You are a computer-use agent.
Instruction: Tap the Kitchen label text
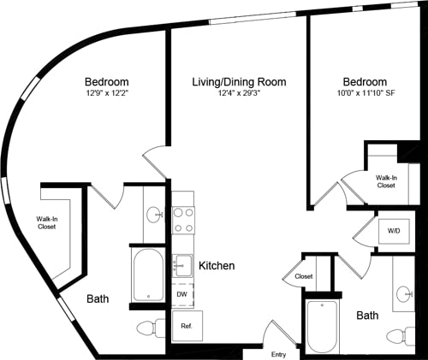[x=217, y=266]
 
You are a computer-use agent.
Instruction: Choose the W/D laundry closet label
[x=394, y=231]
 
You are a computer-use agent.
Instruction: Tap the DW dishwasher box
[x=181, y=293]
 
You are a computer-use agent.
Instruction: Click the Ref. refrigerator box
[x=185, y=326]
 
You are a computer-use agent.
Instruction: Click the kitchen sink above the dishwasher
[x=181, y=266]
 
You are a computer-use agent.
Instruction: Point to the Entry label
[x=279, y=354]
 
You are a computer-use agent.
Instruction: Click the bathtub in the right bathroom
[x=323, y=326]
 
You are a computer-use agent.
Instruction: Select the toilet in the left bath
[x=151, y=328]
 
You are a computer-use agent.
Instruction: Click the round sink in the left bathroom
[x=154, y=215]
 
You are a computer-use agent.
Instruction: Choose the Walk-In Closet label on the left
[x=48, y=223]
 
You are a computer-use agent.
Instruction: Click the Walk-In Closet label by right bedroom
[x=386, y=180]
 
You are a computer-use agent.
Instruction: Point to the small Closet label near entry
[x=303, y=277]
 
